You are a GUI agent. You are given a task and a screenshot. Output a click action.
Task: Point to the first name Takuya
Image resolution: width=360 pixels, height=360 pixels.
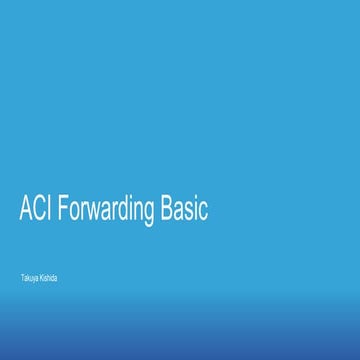(29, 276)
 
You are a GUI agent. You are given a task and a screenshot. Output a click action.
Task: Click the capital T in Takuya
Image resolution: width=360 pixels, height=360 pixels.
(22, 276)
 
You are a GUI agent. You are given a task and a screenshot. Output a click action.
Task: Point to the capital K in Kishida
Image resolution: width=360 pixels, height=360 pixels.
(41, 276)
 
